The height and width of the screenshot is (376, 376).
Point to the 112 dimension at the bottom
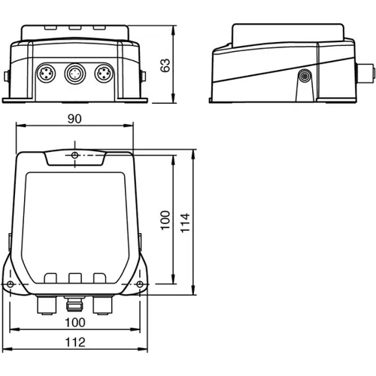pyautogui.click(x=75, y=342)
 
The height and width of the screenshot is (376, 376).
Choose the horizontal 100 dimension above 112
pyautogui.click(x=74, y=322)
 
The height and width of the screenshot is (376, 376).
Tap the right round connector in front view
pyautogui.click(x=102, y=74)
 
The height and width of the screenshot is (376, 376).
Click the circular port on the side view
pyautogui.click(x=305, y=77)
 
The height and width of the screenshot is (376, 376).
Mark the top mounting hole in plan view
pyautogui.click(x=75, y=155)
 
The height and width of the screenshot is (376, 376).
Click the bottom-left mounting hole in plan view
pyautogui.click(x=10, y=284)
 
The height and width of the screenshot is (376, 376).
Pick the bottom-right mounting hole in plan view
pyautogui.click(x=141, y=284)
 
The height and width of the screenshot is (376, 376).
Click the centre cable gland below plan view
pyautogui.click(x=74, y=304)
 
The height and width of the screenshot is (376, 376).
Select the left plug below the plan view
pyautogui.click(x=45, y=304)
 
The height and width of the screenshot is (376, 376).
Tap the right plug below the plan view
pyautogui.click(x=102, y=304)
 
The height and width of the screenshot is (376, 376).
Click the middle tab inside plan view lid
pyautogui.click(x=74, y=277)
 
